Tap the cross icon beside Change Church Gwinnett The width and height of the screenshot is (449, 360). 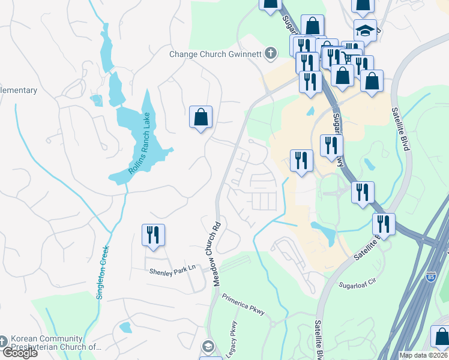[271, 54]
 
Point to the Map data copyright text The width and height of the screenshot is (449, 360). [424, 355]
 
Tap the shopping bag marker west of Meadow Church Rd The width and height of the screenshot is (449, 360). [200, 117]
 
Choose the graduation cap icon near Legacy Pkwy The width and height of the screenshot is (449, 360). [208, 346]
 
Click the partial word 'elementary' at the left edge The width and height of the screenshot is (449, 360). [19, 91]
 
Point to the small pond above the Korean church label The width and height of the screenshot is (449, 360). [125, 327]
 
